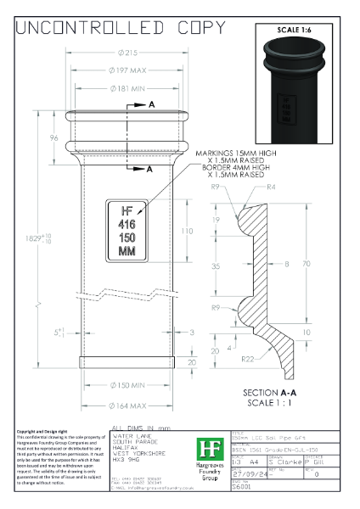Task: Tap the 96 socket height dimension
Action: point(54,138)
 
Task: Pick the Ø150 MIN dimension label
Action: point(126,385)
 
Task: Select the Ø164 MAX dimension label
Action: point(126,406)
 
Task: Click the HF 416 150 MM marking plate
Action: point(127,230)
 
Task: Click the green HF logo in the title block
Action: point(206,450)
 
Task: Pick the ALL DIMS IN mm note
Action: point(142,428)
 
